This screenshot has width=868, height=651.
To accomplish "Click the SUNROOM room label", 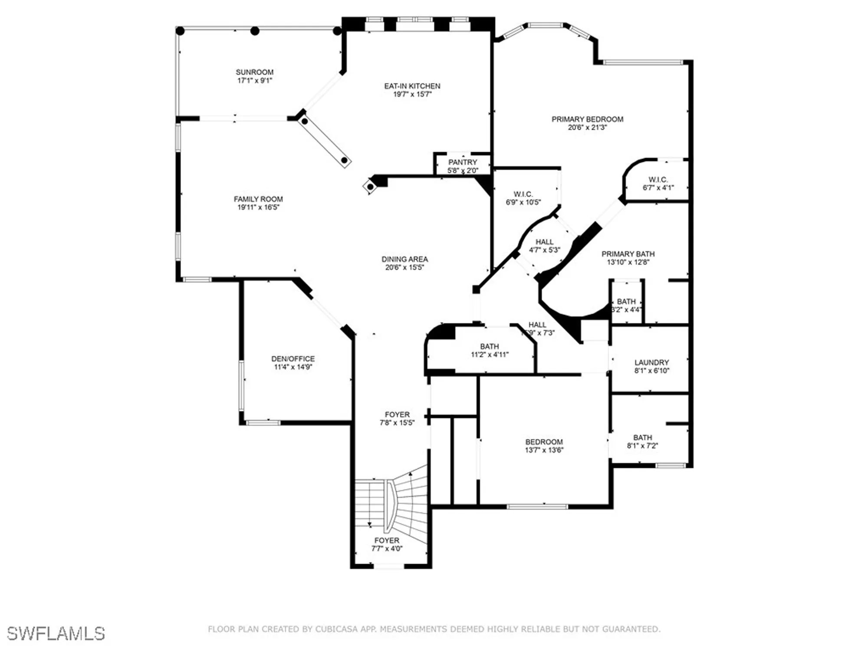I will [254, 72].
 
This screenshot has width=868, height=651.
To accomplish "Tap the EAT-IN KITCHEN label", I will [412, 86].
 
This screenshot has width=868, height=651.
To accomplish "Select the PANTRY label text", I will [463, 162].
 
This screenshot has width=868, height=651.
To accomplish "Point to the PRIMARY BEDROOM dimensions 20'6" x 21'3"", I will [587, 128].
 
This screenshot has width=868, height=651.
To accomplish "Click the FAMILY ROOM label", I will [258, 199].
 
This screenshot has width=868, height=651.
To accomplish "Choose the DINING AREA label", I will [404, 259].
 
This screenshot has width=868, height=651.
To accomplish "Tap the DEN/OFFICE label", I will [293, 358].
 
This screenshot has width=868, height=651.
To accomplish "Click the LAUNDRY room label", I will [651, 362].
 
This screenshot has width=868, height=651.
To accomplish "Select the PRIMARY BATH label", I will [628, 254].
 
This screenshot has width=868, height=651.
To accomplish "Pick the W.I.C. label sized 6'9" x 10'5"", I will [523, 194].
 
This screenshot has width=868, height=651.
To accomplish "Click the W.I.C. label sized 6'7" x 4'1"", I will [658, 179].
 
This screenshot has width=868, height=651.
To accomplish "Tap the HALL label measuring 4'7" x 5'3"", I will [544, 242].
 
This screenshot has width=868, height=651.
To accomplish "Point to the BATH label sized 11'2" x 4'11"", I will [489, 346].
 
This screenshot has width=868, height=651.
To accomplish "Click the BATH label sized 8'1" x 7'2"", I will [642, 437].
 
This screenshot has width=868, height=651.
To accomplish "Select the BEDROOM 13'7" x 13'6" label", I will [544, 442].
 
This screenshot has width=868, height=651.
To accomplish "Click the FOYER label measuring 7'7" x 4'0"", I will [387, 540].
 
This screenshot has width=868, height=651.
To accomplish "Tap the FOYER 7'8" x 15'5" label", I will [397, 414].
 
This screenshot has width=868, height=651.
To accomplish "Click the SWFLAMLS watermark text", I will [56, 634].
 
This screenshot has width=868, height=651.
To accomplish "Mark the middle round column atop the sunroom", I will [255, 31].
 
